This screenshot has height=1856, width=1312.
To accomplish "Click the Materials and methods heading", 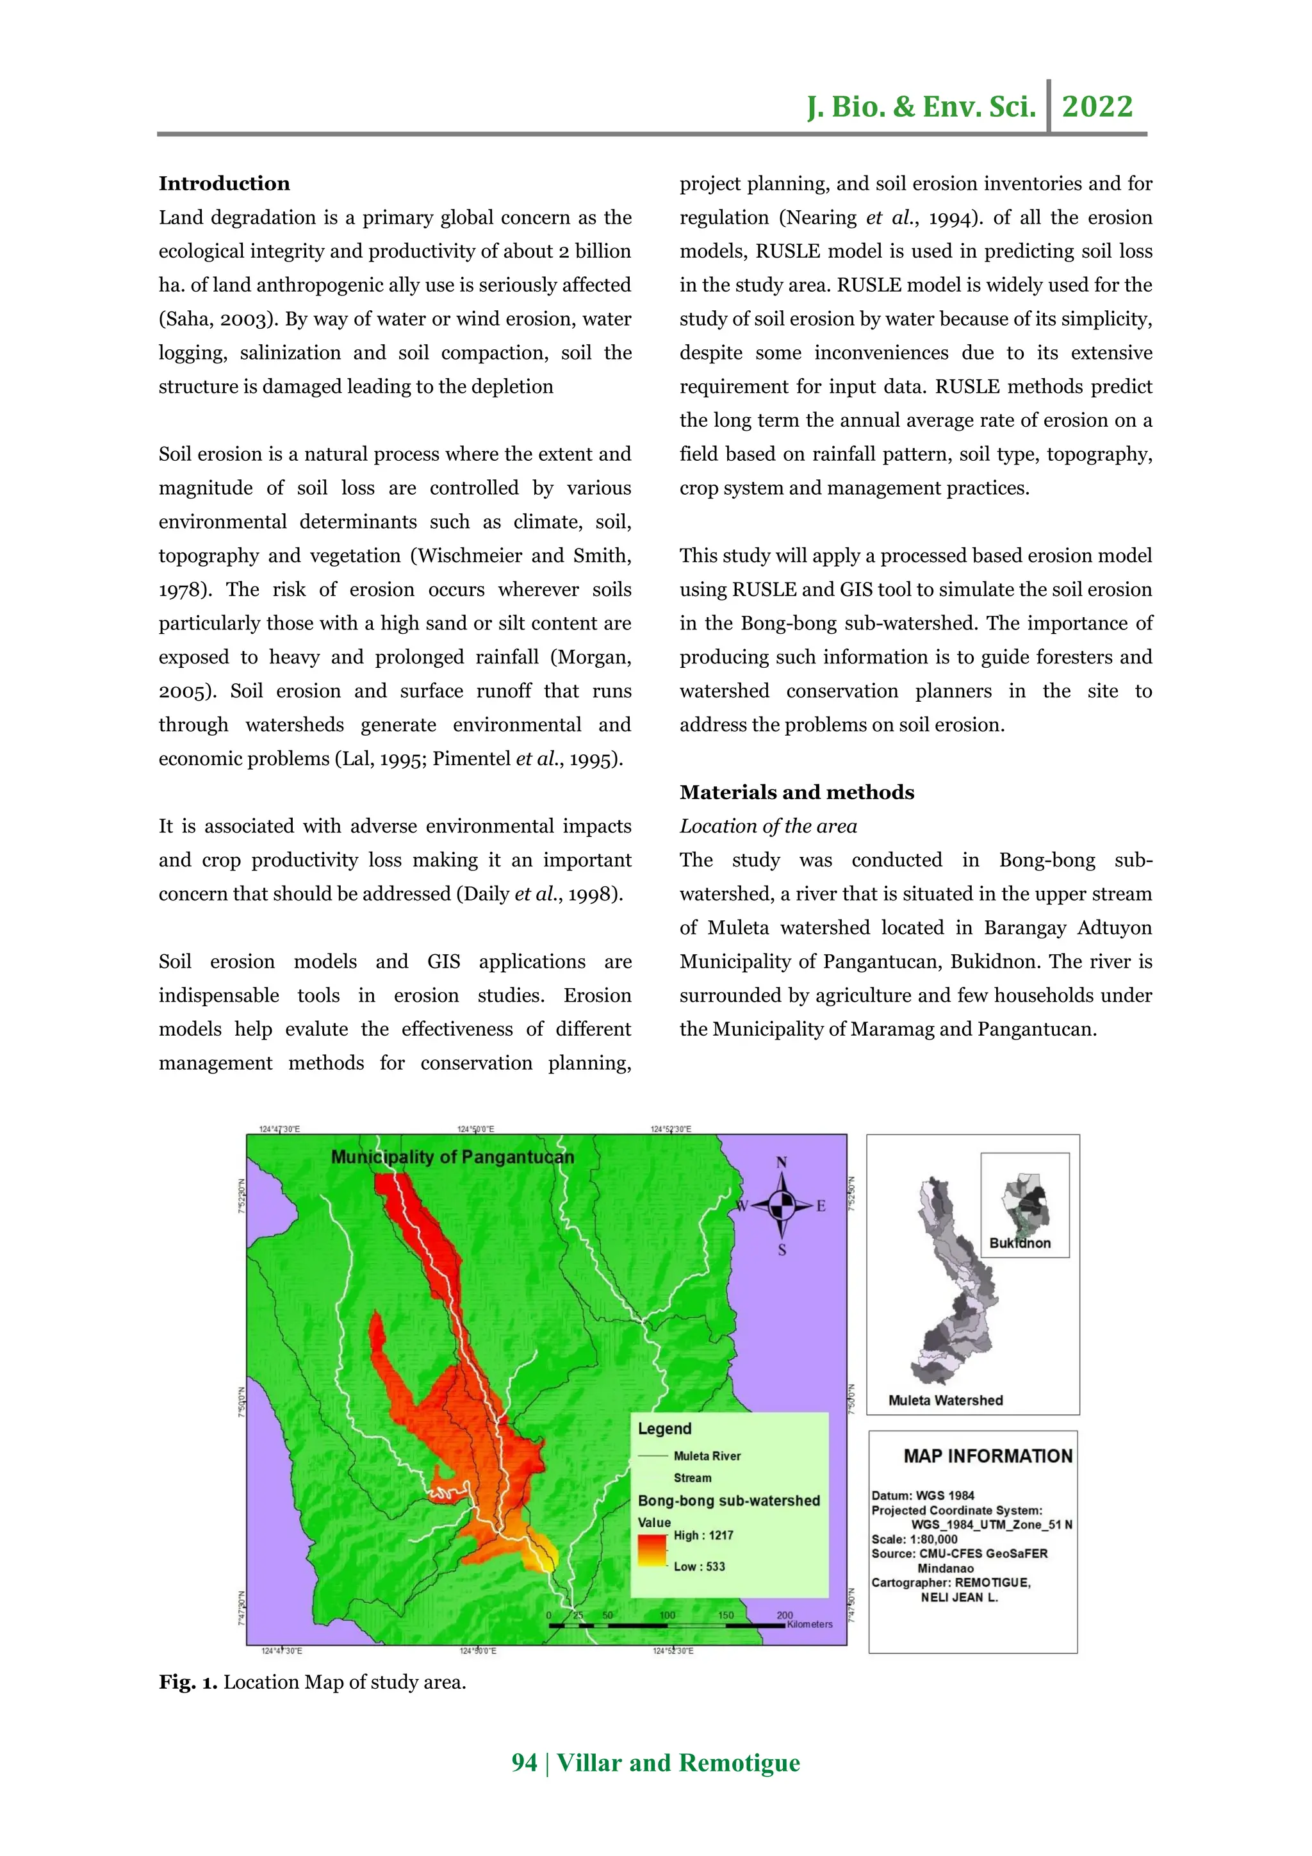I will (x=796, y=792).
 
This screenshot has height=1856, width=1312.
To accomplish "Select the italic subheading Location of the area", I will (x=767, y=826).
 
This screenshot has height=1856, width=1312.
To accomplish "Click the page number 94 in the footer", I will (x=523, y=1762).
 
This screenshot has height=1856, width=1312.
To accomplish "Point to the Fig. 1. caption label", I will (x=188, y=1682).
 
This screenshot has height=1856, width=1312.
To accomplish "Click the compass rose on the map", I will (x=780, y=1206).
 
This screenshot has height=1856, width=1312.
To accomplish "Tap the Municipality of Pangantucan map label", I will (x=452, y=1157).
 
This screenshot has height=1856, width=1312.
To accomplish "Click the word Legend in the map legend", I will (x=664, y=1429).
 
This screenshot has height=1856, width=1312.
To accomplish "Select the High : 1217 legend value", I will (x=703, y=1535).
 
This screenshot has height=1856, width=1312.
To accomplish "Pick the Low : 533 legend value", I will (x=699, y=1566).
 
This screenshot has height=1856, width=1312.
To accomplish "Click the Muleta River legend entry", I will (x=707, y=1456).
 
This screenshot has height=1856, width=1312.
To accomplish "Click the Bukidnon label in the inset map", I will (x=1019, y=1243).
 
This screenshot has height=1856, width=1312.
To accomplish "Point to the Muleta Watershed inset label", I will (x=945, y=1401).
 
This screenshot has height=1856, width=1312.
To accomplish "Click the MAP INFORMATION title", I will (x=987, y=1456).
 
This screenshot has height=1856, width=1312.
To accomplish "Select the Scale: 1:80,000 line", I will (x=914, y=1539).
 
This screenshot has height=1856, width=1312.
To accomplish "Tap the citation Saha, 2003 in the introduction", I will (x=218, y=319).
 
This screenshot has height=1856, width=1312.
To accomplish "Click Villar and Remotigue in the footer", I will (x=678, y=1762).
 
